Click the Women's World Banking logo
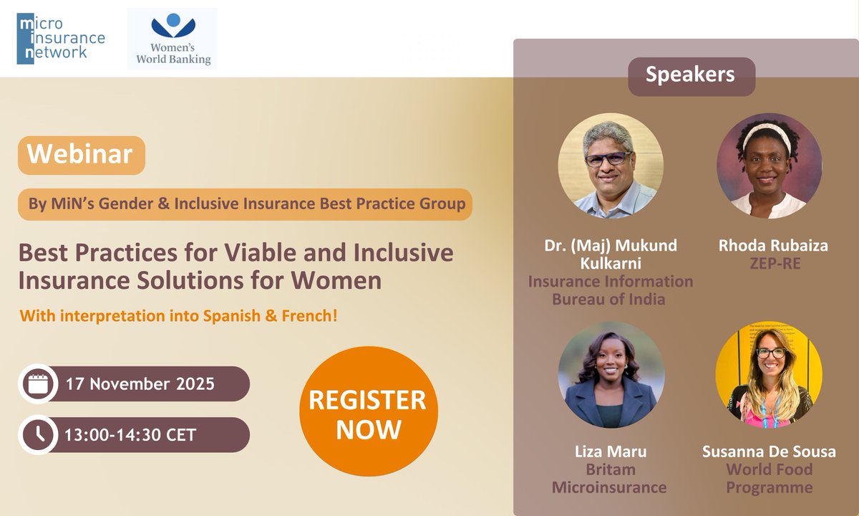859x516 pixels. click(x=172, y=39)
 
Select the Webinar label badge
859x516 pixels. click(x=81, y=155)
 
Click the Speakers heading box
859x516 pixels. click(x=691, y=75)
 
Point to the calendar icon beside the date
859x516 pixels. click(x=37, y=384)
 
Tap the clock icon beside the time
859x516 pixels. click(x=37, y=434)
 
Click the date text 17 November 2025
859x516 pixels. click(x=140, y=384)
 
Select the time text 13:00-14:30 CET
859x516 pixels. click(x=130, y=434)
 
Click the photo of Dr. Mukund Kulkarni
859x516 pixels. click(x=611, y=166)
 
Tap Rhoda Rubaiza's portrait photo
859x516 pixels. click(x=769, y=166)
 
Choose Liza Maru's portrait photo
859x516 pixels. click(x=611, y=374)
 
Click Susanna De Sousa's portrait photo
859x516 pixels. click(x=769, y=374)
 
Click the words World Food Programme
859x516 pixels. click(x=770, y=479)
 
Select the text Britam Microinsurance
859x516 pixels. click(x=609, y=479)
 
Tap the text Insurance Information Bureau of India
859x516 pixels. click(x=610, y=290)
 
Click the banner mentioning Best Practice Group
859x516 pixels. click(x=246, y=204)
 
